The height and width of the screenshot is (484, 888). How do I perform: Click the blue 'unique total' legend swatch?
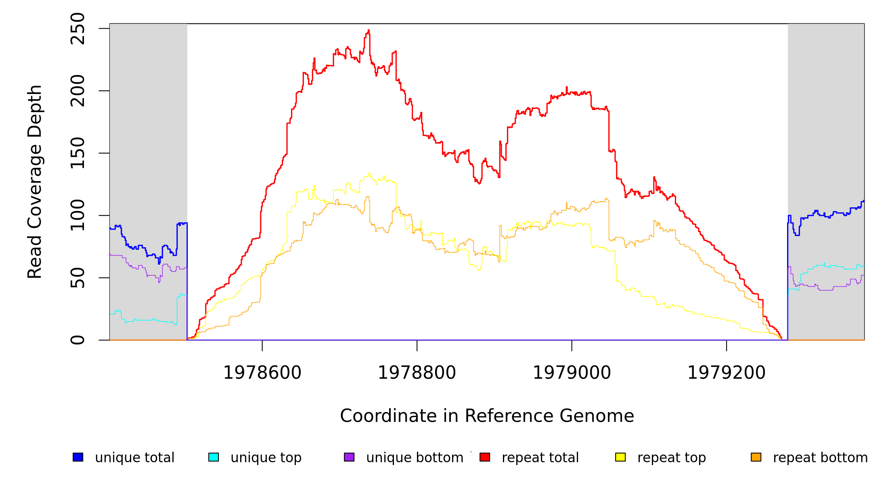[x=78, y=457]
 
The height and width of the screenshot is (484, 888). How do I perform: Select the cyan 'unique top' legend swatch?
[x=214, y=457]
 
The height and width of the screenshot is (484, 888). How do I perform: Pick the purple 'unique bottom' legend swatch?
[x=349, y=457]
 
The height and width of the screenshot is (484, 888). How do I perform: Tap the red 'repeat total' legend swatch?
[x=485, y=457]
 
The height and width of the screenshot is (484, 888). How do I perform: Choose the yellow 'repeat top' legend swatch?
[x=620, y=457]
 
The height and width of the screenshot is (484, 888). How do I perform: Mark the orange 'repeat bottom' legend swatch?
[x=756, y=457]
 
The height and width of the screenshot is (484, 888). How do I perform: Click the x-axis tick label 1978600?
[x=262, y=373]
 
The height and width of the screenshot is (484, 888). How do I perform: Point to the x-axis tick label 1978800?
[x=417, y=373]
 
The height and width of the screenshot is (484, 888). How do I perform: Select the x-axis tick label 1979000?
[x=572, y=373]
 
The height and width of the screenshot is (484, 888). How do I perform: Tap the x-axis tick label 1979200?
[x=727, y=373]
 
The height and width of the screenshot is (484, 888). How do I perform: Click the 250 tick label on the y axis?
[x=77, y=29]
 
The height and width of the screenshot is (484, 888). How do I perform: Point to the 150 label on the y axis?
[x=77, y=153]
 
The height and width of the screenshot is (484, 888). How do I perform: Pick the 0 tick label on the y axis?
[x=77, y=340]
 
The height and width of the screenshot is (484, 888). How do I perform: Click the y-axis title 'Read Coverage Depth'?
[x=35, y=181]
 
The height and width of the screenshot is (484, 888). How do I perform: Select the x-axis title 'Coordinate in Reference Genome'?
[x=487, y=416]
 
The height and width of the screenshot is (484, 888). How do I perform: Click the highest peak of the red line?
[x=369, y=31]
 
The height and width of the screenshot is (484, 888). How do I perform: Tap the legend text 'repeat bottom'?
[x=820, y=457]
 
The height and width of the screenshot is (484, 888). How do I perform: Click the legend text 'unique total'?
[x=135, y=457]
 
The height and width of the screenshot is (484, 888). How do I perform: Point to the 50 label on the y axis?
[x=77, y=278]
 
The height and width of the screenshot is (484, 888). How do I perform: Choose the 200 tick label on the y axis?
[x=77, y=91]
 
